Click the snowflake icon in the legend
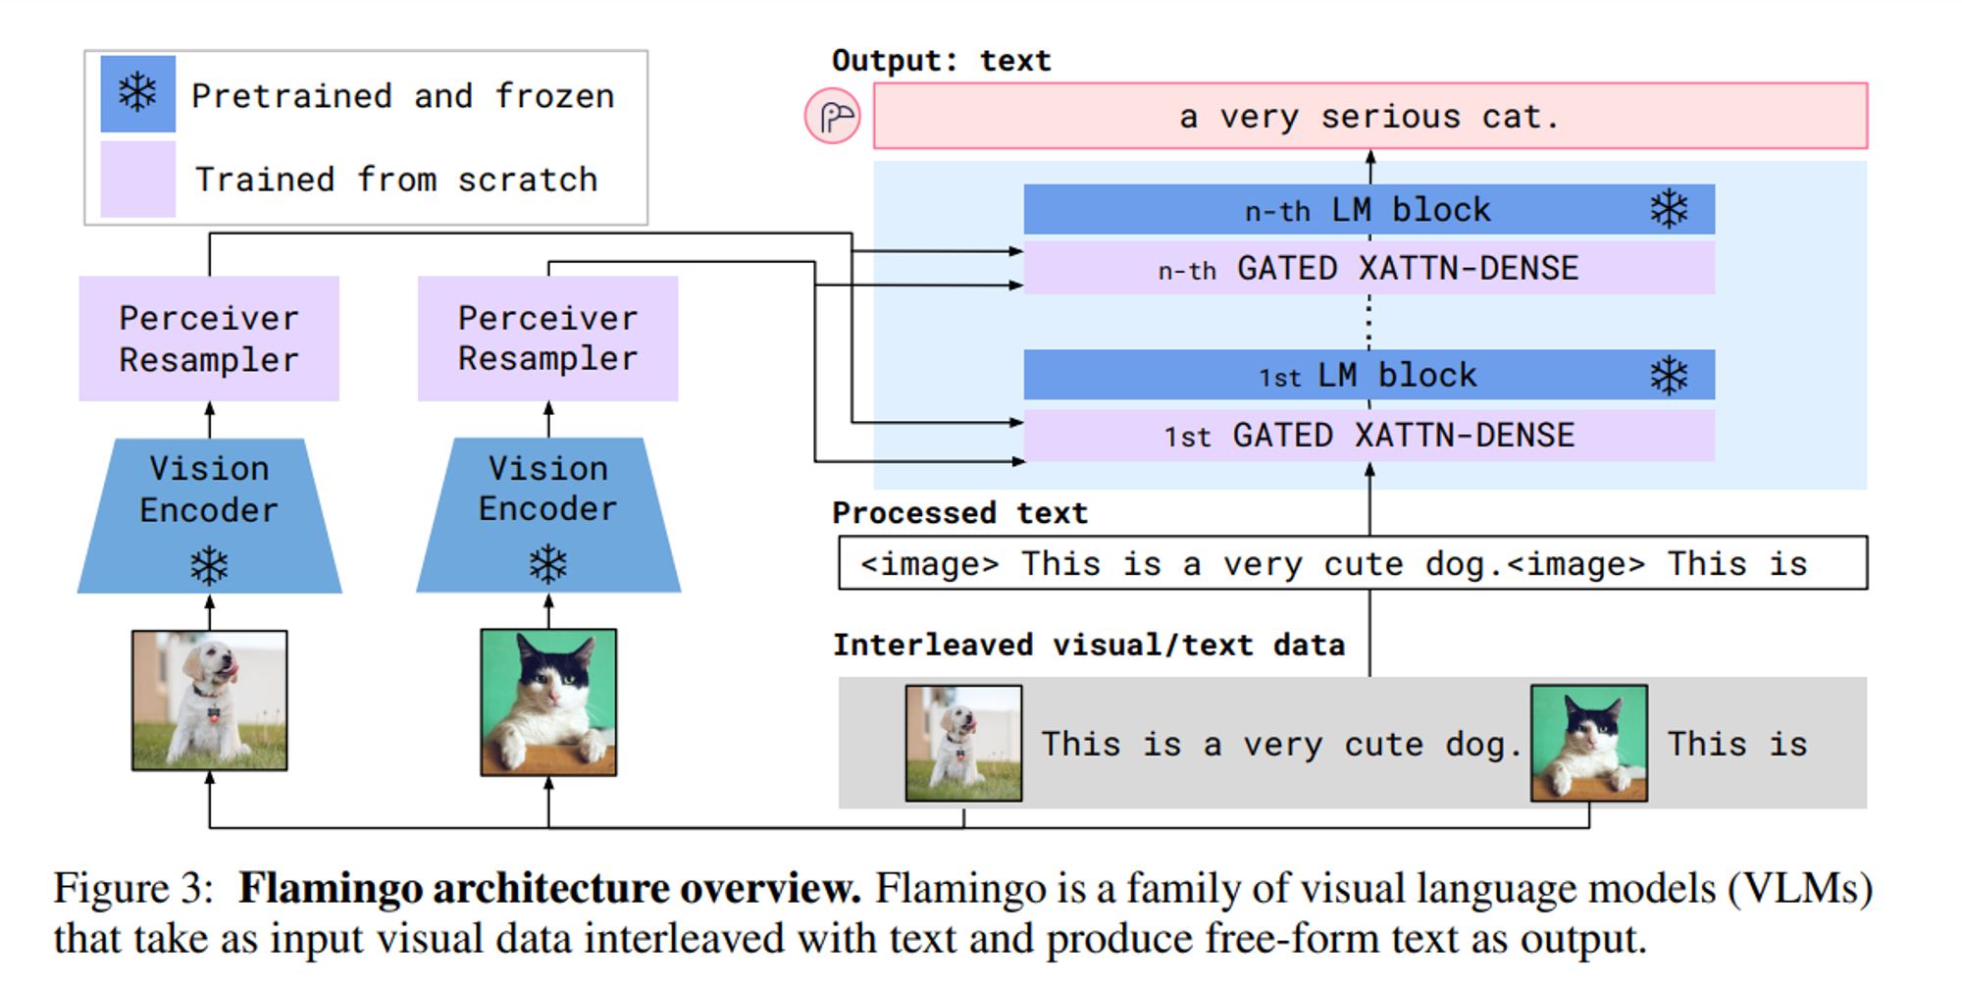137,93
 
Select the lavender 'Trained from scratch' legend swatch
137,179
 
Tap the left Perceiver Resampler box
209,339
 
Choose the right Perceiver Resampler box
547,339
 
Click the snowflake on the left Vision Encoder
209,565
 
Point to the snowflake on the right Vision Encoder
547,564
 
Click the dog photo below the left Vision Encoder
210,700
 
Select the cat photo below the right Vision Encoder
548,702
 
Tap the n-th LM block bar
1368,209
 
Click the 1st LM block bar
1368,375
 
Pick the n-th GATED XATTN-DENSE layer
1368,268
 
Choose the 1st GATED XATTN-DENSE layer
1368,435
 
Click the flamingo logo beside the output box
833,117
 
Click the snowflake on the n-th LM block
1669,209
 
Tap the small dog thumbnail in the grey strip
963,743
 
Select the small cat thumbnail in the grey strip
1589,743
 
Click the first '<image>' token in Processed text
929,564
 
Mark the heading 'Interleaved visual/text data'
1089,645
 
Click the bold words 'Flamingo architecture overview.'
549,888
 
